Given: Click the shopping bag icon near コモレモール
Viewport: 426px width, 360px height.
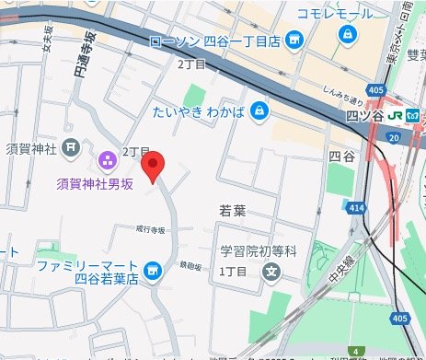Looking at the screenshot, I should [348, 36].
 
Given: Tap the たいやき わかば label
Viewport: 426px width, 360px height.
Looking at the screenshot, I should [199, 110].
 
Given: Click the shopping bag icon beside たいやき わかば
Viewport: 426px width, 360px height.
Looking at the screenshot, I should [259, 110].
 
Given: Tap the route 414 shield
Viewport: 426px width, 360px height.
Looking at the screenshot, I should [356, 209].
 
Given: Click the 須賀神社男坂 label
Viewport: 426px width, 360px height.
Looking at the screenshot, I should [95, 182].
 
